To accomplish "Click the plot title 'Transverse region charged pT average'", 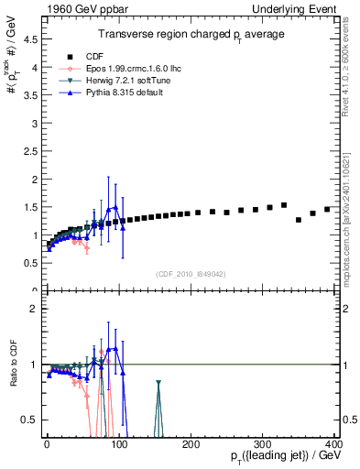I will point(191,34).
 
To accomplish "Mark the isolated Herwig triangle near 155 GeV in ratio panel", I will point(158,384).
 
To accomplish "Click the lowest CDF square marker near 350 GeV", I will point(299,220).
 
